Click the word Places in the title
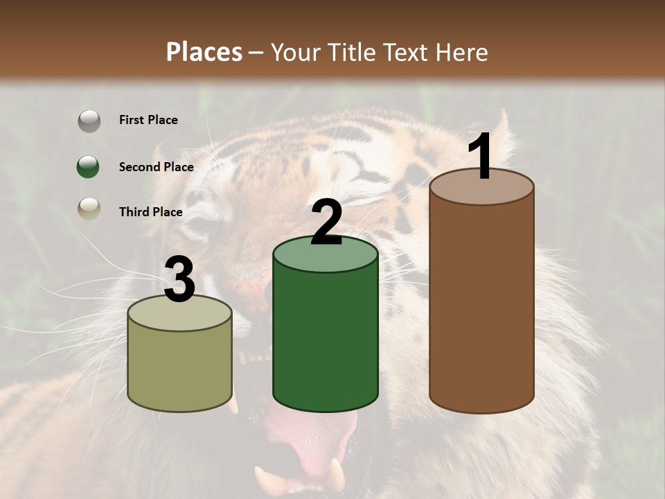point(204,52)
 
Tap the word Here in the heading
point(462,52)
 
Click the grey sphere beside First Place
point(89,121)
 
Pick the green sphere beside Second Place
point(88,167)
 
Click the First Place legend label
point(148,120)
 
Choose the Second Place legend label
point(156,167)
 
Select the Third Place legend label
point(150,212)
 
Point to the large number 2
point(327,223)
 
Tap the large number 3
point(179,281)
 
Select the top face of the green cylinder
point(326,255)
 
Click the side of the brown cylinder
point(482,305)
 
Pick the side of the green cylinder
point(326,340)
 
